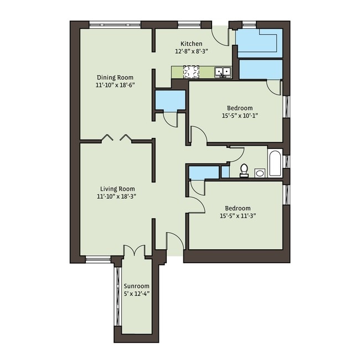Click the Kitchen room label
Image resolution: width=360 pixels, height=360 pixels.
tap(192, 44)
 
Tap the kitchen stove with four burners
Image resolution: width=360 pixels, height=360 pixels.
tap(191, 72)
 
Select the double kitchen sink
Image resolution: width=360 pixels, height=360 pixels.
tap(223, 72)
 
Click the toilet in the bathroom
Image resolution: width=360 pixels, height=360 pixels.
tap(244, 171)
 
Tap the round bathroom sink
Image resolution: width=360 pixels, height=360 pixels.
tap(260, 173)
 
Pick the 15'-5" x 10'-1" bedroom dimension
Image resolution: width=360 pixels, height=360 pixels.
tap(239, 116)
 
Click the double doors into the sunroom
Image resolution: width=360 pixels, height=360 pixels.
tap(135, 251)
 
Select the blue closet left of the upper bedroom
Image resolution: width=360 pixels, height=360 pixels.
tap(169, 100)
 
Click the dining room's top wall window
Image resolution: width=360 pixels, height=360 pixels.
tap(115, 24)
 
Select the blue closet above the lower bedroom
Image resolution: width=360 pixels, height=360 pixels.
tap(204, 173)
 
